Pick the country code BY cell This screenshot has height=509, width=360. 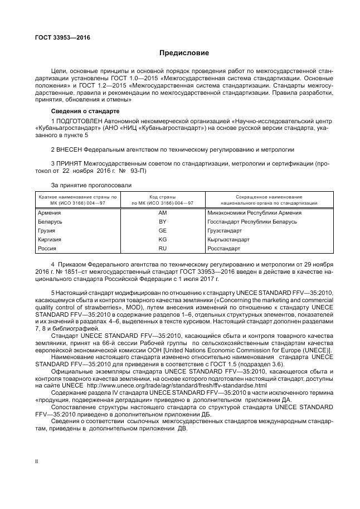(162, 222)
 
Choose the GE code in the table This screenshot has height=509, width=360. (162, 230)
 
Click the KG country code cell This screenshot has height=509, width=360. (162, 239)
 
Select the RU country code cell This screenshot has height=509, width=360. (162, 248)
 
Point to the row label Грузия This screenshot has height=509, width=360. (47, 230)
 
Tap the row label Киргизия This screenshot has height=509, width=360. (50, 239)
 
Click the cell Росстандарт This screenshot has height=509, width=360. (224, 248)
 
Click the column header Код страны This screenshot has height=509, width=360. (162, 197)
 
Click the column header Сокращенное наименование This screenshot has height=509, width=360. (269, 197)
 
